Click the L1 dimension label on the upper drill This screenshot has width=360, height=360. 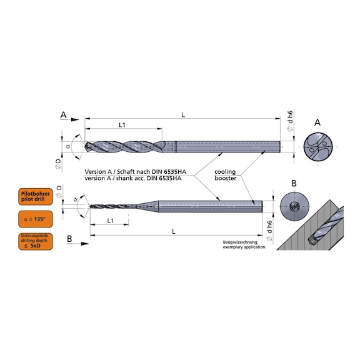122,126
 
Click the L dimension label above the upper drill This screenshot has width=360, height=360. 182,114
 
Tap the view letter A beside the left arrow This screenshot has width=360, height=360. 64,115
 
